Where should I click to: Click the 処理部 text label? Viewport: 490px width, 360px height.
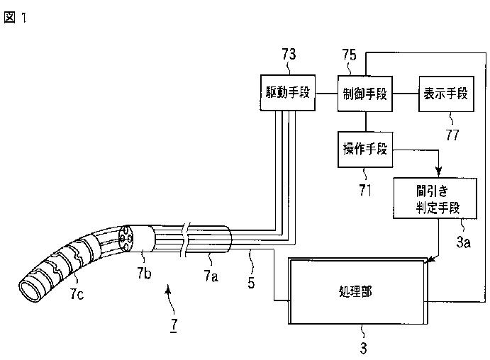[x=355, y=292]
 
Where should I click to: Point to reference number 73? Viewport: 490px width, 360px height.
[x=289, y=54]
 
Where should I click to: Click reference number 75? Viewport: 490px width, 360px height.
[x=349, y=55]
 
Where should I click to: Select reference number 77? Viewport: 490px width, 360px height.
[x=452, y=135]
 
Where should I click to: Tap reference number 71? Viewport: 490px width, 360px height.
[x=365, y=190]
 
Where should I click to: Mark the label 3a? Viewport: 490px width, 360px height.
[x=464, y=242]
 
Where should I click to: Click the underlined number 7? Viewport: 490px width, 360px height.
[x=174, y=325]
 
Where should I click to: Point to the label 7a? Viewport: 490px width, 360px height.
[x=211, y=276]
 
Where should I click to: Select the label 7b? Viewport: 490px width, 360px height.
[x=144, y=273]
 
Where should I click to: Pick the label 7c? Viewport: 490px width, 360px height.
[x=77, y=293]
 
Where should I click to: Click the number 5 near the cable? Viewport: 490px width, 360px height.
[x=251, y=283]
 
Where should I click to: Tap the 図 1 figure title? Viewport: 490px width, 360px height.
[x=15, y=18]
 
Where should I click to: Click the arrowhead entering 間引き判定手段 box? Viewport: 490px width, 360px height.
[x=438, y=171]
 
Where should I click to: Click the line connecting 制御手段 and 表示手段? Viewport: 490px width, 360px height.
[x=406, y=94]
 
